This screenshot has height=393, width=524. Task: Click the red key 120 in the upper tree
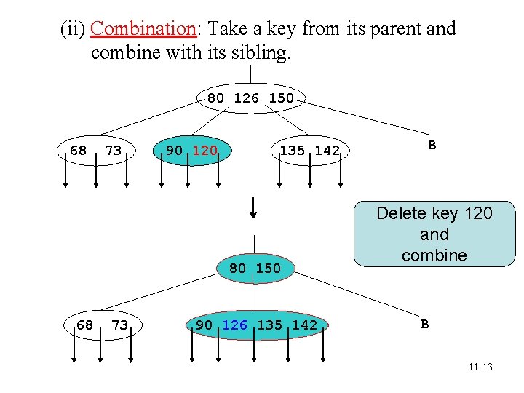[205, 151]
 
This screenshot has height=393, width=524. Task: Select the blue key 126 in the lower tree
[234, 325]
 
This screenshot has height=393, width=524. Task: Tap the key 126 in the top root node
[247, 98]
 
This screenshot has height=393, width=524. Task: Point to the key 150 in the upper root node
[282, 98]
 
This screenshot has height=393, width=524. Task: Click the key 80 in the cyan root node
[238, 268]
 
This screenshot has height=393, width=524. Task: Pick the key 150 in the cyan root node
[268, 268]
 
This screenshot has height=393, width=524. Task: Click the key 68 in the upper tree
[78, 151]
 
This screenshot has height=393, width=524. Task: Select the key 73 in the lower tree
[119, 325]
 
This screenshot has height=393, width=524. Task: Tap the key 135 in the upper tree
[293, 151]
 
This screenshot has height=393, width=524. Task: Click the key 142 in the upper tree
[327, 151]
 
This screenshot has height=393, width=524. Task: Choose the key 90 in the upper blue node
[175, 151]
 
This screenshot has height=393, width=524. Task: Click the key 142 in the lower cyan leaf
[304, 325]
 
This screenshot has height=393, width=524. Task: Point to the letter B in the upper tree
[432, 145]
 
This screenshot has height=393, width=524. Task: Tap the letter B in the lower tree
[425, 323]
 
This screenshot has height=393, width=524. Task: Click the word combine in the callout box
[434, 255]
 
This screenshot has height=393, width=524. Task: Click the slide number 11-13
[480, 368]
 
